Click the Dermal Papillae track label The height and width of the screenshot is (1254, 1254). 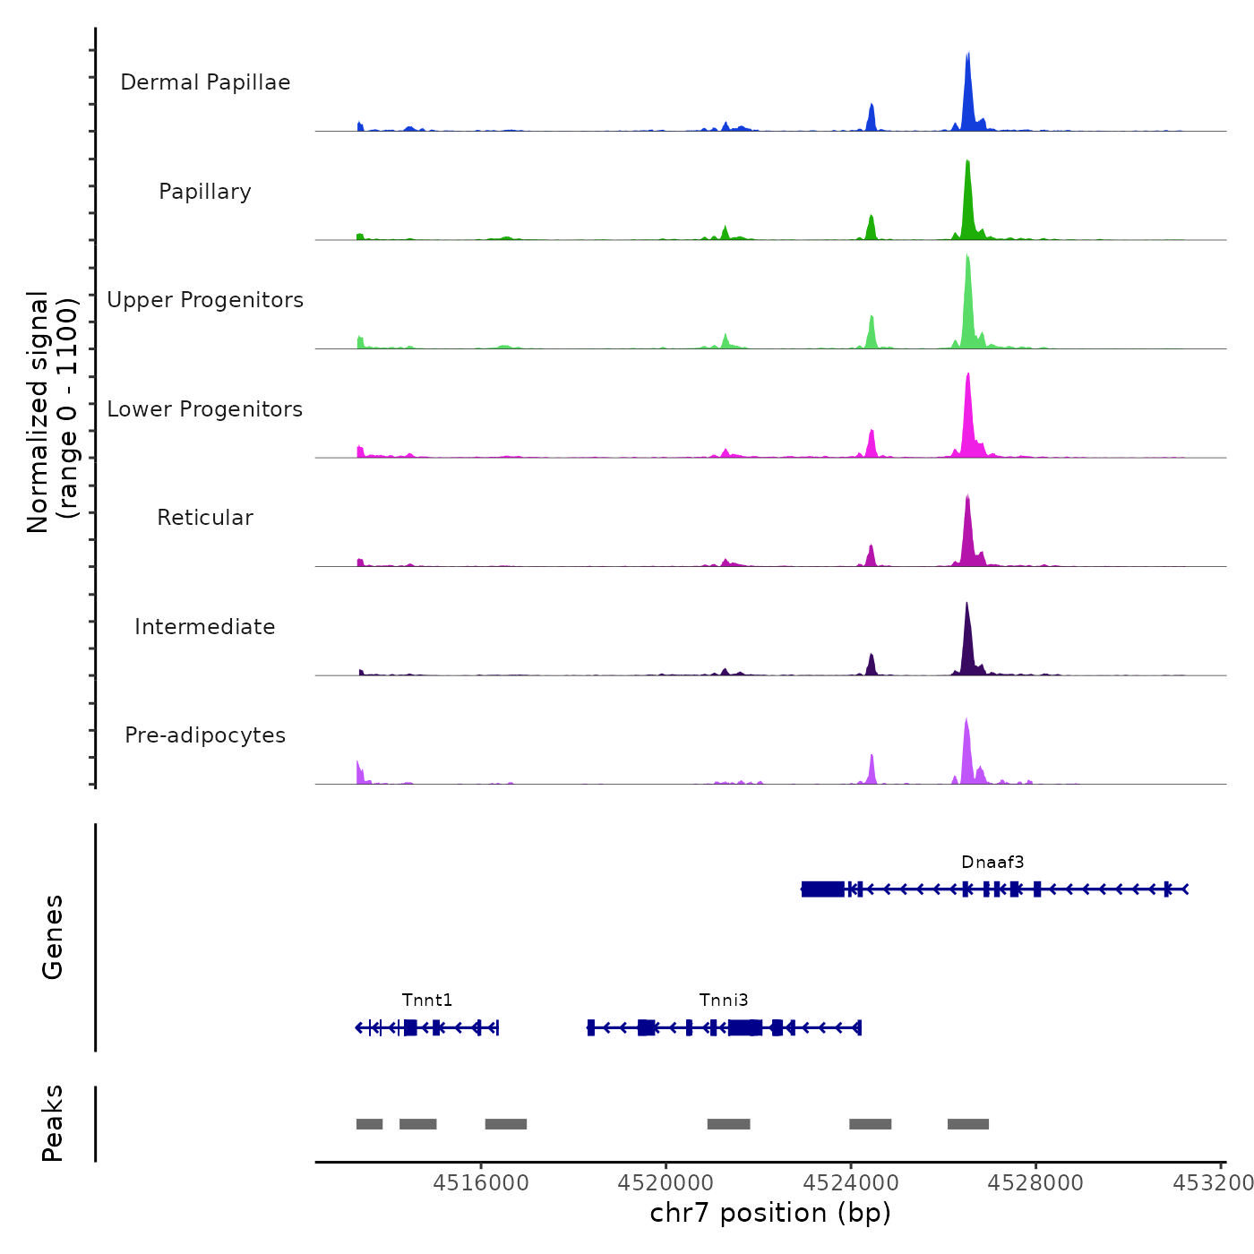click(205, 82)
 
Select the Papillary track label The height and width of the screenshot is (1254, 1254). click(205, 192)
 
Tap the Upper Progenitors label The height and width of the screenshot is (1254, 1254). click(205, 300)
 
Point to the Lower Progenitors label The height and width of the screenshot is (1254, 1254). click(205, 409)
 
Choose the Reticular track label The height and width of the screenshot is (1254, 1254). click(205, 518)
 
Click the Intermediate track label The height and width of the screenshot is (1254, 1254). click(205, 627)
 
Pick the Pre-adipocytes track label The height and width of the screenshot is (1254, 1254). click(205, 735)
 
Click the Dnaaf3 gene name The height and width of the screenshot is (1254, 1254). click(992, 863)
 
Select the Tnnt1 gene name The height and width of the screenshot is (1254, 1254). click(427, 1001)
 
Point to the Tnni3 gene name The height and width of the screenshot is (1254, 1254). click(724, 1001)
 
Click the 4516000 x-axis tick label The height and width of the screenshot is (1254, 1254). click(481, 1183)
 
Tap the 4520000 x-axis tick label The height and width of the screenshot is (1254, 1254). click(666, 1183)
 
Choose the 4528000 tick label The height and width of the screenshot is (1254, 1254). click(1035, 1183)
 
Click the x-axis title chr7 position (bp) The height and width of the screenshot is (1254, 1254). click(770, 1213)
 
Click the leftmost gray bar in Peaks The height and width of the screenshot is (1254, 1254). click(369, 1124)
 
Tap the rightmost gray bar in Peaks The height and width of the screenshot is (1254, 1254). click(968, 1124)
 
